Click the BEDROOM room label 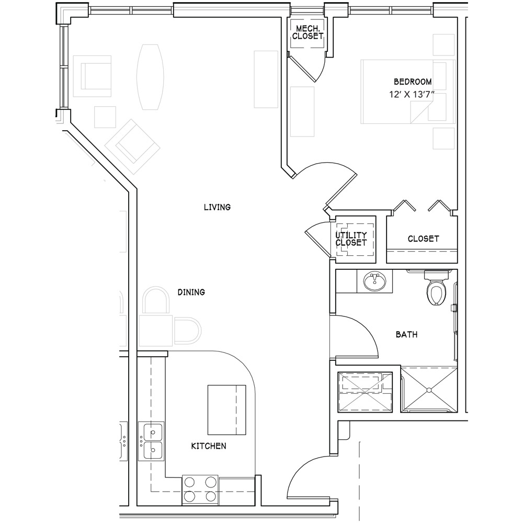pyautogui.click(x=413, y=82)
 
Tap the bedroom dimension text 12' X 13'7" pyautogui.click(x=412, y=95)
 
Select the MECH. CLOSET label pyautogui.click(x=308, y=32)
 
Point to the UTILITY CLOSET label pyautogui.click(x=351, y=239)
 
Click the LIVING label pyautogui.click(x=217, y=207)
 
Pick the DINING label pyautogui.click(x=191, y=292)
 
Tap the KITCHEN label pyautogui.click(x=209, y=446)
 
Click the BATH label pyautogui.click(x=406, y=334)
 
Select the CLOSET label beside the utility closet pyautogui.click(x=423, y=238)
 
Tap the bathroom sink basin pyautogui.click(x=375, y=281)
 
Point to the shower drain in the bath pyautogui.click(x=429, y=389)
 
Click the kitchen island pyautogui.click(x=227, y=410)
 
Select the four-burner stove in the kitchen pyautogui.click(x=200, y=490)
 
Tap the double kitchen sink pyautogui.click(x=151, y=441)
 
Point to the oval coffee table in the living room pyautogui.click(x=150, y=77)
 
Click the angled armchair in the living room pyautogui.click(x=132, y=147)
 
